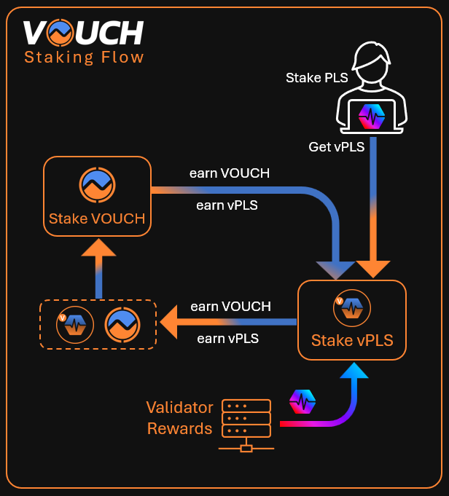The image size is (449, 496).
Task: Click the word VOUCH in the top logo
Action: tap(82, 34)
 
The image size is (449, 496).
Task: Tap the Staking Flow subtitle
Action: tap(84, 58)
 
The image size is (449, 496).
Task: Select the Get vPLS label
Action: tap(337, 146)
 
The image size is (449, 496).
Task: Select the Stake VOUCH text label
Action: tap(97, 219)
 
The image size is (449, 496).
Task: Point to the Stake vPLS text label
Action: tap(352, 340)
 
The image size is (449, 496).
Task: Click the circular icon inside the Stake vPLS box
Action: tap(351, 309)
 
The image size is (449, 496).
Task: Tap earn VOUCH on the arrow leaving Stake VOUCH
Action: tap(230, 173)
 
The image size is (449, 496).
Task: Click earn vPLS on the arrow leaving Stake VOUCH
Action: tap(227, 205)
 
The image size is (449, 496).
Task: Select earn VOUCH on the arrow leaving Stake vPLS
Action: tap(230, 307)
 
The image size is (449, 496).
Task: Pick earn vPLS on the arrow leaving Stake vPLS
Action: tap(228, 338)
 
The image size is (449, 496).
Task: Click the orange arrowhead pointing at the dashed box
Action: tap(172, 322)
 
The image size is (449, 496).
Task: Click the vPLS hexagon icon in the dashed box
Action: tap(75, 323)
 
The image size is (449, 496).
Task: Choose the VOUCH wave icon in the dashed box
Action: tap(122, 324)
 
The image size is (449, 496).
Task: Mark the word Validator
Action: tap(179, 407)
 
